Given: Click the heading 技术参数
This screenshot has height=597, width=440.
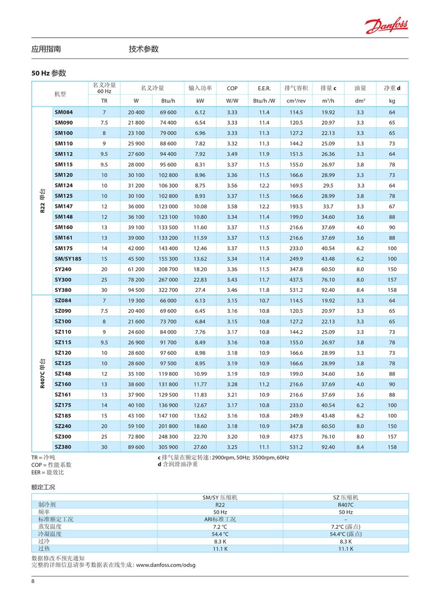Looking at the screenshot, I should point(144,49).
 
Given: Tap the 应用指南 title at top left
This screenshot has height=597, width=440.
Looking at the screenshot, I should point(46,49).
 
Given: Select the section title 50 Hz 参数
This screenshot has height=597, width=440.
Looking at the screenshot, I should point(49,73).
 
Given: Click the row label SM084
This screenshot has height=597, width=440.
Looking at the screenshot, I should point(63,112).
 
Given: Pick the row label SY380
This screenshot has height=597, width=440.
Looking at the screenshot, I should point(63,290).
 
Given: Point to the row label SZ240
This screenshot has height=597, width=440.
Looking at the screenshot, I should point(63,426).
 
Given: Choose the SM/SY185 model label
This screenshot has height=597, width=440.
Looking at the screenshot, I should point(67,258).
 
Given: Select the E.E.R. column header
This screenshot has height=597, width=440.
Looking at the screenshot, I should point(264,88).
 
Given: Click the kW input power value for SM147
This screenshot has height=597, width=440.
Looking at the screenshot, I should point(200,206).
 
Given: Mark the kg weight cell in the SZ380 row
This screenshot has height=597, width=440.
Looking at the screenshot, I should point(392,447).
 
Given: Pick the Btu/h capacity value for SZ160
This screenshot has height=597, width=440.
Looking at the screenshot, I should point(168,384).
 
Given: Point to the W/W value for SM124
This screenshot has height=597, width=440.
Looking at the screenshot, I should point(232,185).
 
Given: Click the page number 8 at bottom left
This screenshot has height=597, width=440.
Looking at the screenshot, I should point(33,582).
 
